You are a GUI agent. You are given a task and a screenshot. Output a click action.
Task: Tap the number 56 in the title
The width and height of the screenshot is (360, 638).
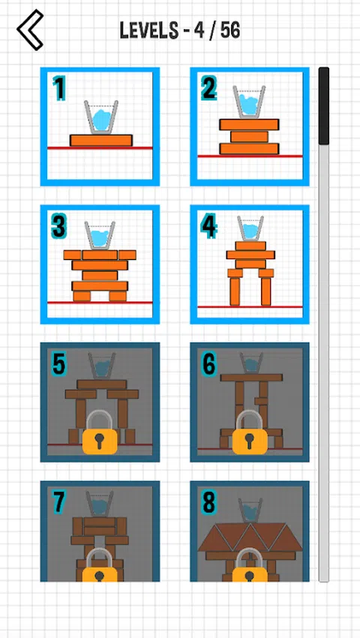tap(230, 31)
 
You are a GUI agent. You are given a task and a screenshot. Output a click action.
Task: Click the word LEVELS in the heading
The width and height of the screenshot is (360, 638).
tap(149, 31)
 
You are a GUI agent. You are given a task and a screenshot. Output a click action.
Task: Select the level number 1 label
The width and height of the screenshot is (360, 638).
tap(59, 88)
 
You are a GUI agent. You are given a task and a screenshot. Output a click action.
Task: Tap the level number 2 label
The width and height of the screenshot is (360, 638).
tap(208, 88)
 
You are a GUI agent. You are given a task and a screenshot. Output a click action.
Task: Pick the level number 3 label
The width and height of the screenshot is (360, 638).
tap(58, 226)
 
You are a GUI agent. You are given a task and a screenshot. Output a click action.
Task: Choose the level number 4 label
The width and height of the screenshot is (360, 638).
tap(208, 226)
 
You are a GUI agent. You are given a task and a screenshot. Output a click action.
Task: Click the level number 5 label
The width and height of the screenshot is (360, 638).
tap(58, 364)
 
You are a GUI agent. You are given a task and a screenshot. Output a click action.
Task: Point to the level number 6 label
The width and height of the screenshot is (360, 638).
tap(208, 364)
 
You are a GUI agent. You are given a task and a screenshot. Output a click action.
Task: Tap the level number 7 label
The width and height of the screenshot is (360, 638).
tap(58, 502)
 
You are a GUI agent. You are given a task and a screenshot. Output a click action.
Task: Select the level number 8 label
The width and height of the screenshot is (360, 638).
tap(208, 502)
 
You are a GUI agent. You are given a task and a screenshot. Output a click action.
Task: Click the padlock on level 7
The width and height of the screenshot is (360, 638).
tap(100, 565)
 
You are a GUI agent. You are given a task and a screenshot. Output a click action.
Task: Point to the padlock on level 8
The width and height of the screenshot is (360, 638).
tap(250, 565)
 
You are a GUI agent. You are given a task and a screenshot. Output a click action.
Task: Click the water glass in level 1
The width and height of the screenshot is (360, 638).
tap(101, 117)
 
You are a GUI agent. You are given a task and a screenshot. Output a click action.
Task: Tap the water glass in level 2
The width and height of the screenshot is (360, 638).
tap(249, 102)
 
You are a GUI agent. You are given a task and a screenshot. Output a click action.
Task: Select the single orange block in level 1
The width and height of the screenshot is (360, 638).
tap(101, 140)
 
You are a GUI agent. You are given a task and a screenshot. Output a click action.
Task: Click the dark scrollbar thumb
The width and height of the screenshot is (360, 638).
tap(324, 106)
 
